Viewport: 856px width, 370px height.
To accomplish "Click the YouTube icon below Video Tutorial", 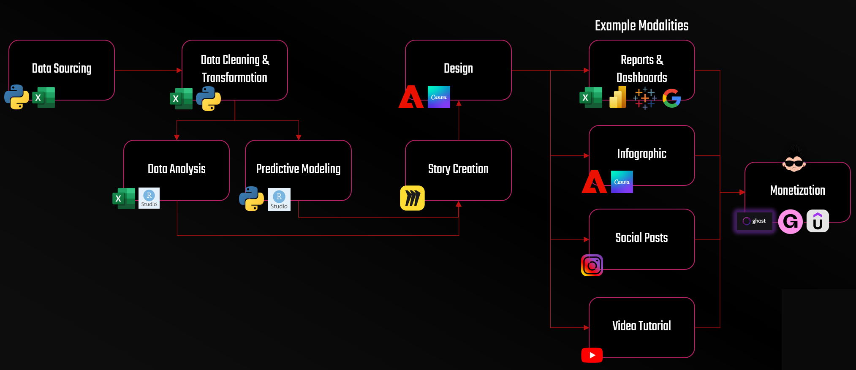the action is click(x=592, y=355).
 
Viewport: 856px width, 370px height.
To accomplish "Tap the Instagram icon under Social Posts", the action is click(x=592, y=265).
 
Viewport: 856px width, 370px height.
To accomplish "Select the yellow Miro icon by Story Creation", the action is click(x=412, y=198).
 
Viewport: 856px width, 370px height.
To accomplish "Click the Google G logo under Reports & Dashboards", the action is click(x=671, y=98).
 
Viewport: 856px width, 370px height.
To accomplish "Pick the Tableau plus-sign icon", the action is click(x=645, y=98).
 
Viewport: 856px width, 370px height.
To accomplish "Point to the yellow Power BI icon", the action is click(x=618, y=97).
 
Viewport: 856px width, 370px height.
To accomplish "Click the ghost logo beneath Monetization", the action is click(x=755, y=221).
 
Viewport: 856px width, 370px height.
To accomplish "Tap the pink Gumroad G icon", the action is click(x=791, y=221).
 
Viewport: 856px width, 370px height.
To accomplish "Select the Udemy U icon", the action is click(x=818, y=221).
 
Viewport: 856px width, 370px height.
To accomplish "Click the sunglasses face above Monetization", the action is click(x=794, y=161).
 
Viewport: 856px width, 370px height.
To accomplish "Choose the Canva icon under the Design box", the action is click(x=439, y=97).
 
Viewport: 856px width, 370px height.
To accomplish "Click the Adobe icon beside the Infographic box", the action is click(x=594, y=182).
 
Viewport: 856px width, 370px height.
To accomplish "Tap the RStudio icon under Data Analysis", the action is click(x=149, y=198).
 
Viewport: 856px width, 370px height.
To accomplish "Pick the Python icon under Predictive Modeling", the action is click(x=251, y=199).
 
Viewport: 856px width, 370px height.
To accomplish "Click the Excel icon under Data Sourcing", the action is click(x=44, y=98).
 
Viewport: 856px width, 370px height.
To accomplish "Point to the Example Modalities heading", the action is click(x=641, y=26).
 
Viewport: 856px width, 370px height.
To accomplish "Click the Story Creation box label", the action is click(x=458, y=169).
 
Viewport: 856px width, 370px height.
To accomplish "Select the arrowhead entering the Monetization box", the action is click(x=742, y=192).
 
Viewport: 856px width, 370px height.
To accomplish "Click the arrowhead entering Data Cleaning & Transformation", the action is click(x=179, y=71).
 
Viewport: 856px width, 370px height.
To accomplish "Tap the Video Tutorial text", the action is click(x=641, y=326).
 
